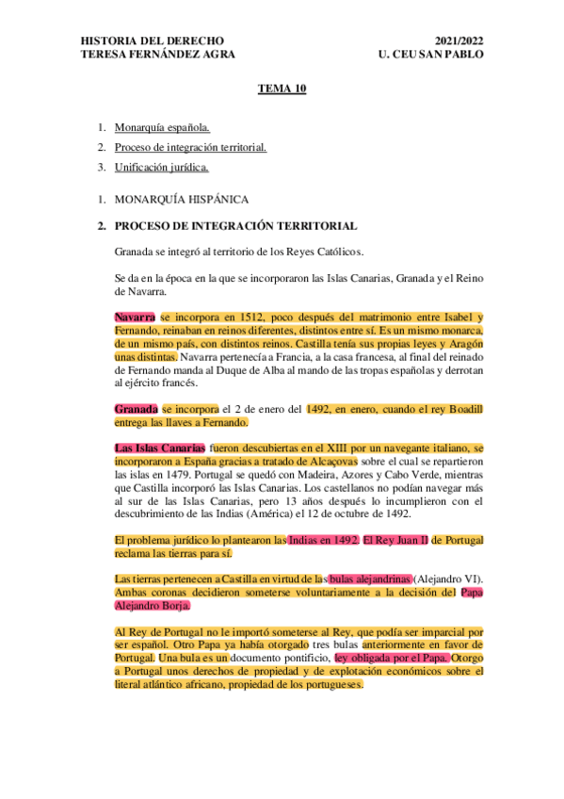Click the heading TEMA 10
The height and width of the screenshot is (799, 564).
pos(282,89)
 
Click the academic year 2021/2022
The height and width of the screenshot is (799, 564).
pos(460,41)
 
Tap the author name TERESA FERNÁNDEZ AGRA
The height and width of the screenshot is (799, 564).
pos(158,55)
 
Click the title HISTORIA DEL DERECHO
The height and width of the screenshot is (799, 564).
pos(153,41)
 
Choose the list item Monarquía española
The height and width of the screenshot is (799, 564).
pos(162,126)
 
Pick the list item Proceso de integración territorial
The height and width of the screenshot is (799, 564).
pos(190,147)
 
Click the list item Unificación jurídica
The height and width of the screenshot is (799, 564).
pos(161,168)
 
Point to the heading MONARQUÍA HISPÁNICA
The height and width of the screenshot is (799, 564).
pos(181,200)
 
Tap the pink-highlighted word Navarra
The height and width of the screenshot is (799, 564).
pos(135,318)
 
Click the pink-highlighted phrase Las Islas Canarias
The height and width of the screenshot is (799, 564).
pos(158,448)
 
